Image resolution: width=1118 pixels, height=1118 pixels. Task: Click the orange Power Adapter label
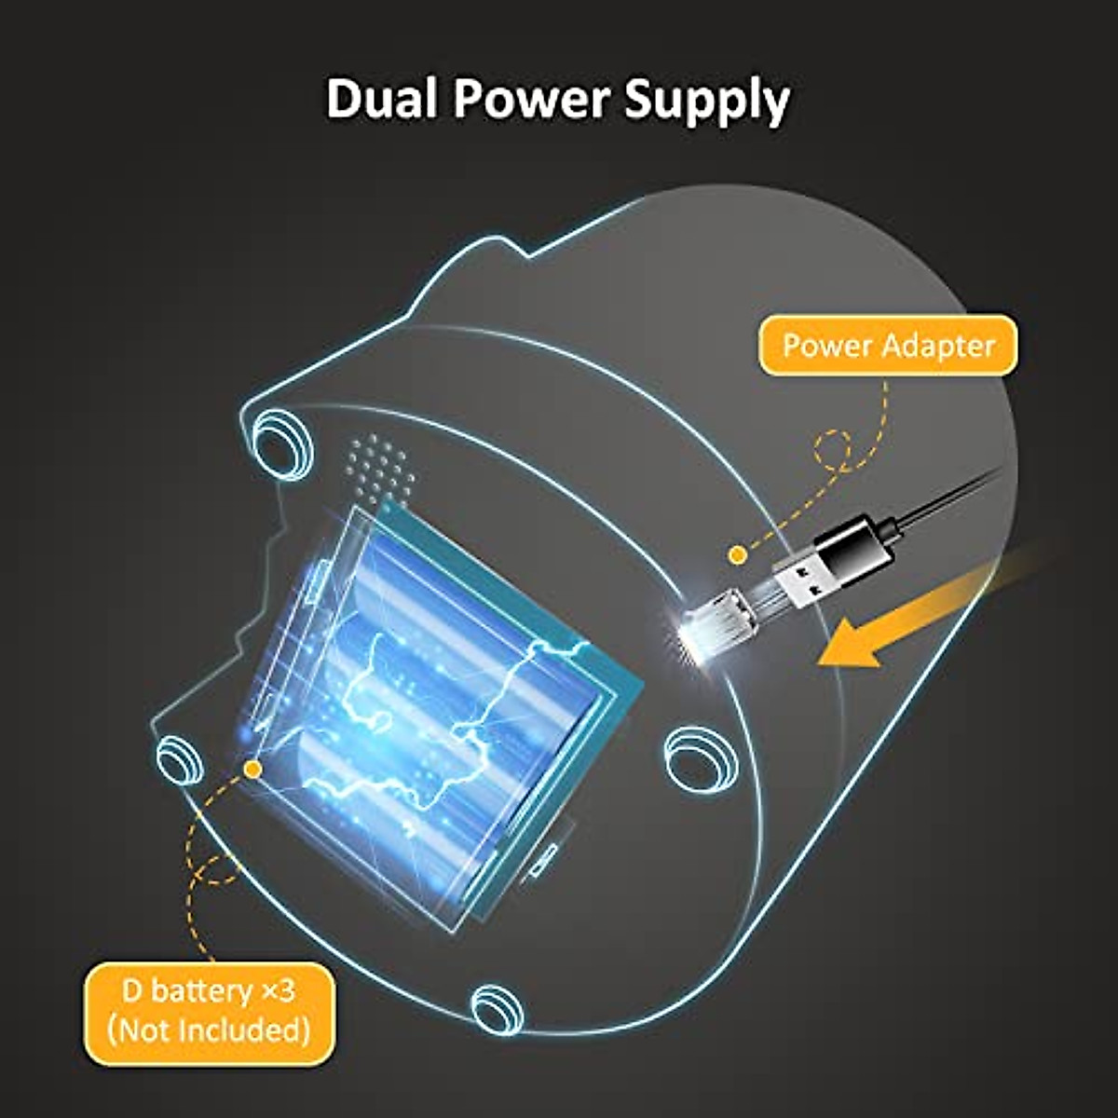tap(888, 346)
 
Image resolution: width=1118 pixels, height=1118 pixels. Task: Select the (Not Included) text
tap(209, 1030)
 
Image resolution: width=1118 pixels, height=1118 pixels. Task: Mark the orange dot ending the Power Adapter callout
tap(737, 555)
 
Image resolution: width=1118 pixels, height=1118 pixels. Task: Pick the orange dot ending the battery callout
tap(252, 768)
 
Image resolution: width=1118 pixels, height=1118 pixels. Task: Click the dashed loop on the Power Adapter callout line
tap(833, 451)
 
